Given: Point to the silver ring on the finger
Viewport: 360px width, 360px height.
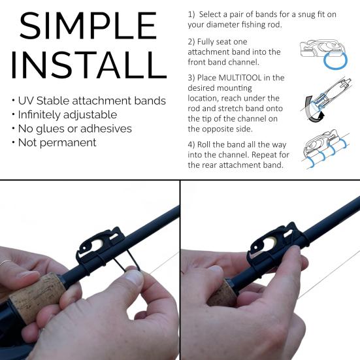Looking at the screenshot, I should point(5,263).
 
